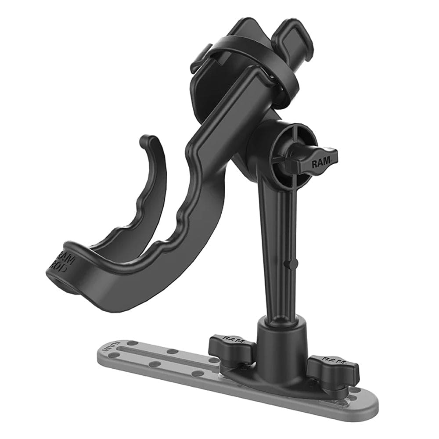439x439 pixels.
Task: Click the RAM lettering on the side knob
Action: tap(319, 163)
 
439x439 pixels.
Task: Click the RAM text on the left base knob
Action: tap(231, 339)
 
